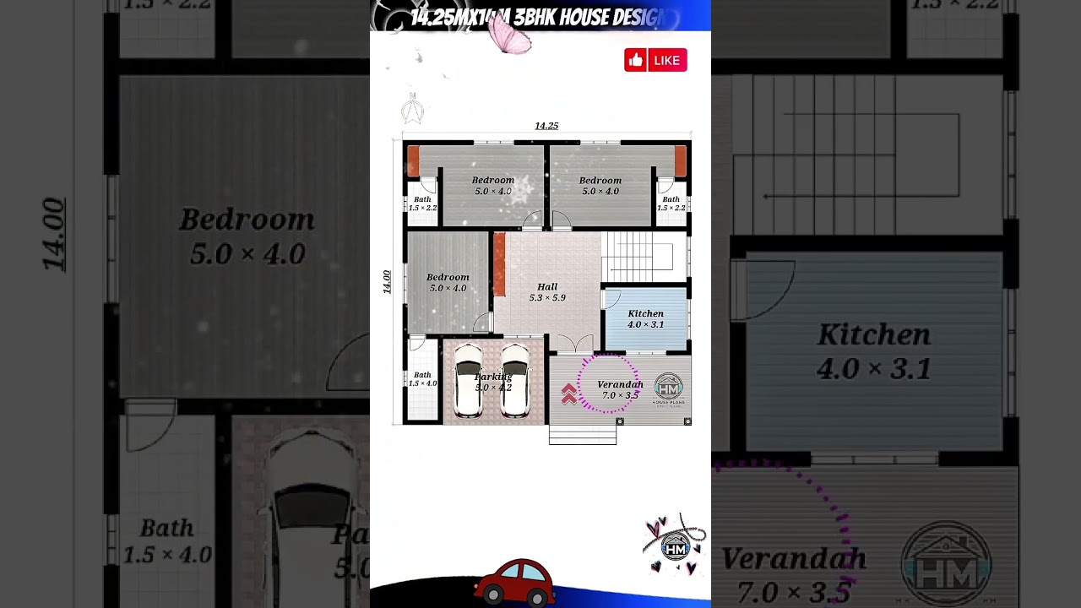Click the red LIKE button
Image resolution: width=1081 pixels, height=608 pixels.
tap(655, 60)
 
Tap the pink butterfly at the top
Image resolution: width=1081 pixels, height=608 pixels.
tap(509, 35)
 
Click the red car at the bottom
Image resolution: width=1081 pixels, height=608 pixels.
tap(514, 582)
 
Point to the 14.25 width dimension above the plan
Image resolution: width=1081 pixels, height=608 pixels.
tap(546, 126)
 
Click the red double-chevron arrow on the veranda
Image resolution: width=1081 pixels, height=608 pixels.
tap(569, 394)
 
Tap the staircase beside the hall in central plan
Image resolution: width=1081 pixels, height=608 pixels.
tap(644, 257)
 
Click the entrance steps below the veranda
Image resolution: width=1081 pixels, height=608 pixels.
tap(583, 435)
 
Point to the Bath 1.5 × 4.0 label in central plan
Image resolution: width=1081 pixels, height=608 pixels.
tap(422, 379)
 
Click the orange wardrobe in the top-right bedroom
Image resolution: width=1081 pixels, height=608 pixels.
tap(680, 160)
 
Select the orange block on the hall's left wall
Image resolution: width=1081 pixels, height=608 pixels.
tap(499, 264)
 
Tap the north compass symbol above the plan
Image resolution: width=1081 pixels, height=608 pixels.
tap(412, 109)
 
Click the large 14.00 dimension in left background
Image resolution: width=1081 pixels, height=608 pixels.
tap(53, 234)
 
